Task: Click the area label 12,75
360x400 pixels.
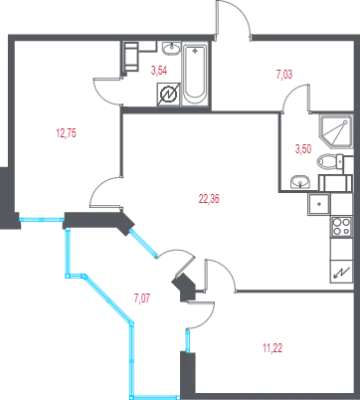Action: [x=67, y=133]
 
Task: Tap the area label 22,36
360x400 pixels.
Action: [x=209, y=199]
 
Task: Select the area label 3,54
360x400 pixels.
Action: [x=159, y=71]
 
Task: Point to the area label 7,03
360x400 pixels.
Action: [x=284, y=75]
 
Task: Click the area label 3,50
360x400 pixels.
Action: [x=303, y=149]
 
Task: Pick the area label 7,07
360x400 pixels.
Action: [x=142, y=299]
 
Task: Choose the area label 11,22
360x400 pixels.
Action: [x=272, y=348]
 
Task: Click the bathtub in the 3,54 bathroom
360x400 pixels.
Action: [x=195, y=75]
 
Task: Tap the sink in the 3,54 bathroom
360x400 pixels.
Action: [x=171, y=49]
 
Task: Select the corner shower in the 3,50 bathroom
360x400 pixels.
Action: [x=335, y=132]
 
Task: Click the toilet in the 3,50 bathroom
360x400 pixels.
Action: [x=331, y=162]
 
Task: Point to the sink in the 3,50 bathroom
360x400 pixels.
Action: [x=300, y=182]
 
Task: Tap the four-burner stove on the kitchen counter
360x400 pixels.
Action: [x=341, y=227]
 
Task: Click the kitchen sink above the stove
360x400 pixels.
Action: [x=319, y=204]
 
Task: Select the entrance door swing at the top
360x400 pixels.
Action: [x=234, y=17]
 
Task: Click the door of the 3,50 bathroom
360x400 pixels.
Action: [x=296, y=98]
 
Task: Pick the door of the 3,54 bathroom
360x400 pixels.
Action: [x=107, y=92]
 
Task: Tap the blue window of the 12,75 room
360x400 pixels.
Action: [x=42, y=219]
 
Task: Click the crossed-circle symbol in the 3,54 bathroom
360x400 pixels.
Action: [x=168, y=95]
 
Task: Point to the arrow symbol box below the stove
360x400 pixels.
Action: [x=341, y=272]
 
